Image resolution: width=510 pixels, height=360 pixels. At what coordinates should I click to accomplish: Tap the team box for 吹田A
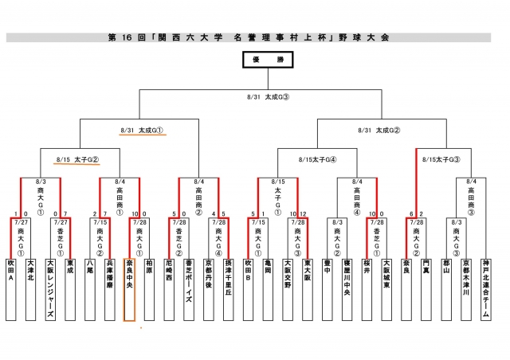(11, 287)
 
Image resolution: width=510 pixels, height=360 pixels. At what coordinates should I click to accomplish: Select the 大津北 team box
(30, 287)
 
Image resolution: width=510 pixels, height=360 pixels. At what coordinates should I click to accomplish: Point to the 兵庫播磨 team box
(110, 287)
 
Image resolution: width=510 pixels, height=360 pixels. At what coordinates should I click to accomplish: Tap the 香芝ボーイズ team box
(189, 287)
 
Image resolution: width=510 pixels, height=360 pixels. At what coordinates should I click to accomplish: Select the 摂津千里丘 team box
(228, 287)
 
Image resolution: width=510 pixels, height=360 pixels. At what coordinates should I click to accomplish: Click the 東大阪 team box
(307, 287)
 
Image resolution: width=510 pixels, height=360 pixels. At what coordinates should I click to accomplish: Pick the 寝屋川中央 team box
(347, 287)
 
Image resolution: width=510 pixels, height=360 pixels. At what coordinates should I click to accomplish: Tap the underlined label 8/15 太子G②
(77, 159)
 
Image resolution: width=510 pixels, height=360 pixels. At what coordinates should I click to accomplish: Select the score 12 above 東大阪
(304, 213)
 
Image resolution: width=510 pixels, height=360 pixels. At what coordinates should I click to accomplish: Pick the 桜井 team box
(367, 287)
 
